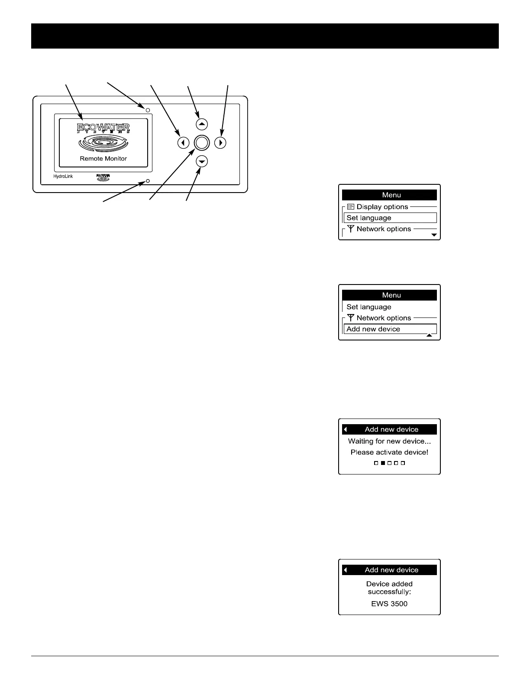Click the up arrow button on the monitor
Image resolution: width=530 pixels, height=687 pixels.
click(202, 124)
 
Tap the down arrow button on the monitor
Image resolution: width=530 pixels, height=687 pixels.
click(202, 161)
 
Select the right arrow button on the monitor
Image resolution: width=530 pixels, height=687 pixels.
click(220, 143)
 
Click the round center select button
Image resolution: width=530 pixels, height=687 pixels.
click(202, 143)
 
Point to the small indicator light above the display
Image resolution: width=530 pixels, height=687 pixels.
click(148, 110)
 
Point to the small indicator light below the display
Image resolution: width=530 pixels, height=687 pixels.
click(148, 180)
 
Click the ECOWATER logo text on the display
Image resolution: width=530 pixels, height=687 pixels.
click(103, 128)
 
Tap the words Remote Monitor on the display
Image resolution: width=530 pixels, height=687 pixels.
click(103, 159)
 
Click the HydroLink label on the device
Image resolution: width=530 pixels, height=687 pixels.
click(63, 177)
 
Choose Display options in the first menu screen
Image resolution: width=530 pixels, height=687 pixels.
click(382, 207)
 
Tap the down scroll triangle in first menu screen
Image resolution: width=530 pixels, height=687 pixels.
click(434, 235)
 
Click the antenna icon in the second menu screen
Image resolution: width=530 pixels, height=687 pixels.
click(351, 318)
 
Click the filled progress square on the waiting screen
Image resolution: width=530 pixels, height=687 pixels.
click(383, 463)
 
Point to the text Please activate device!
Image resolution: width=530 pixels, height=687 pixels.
click(389, 452)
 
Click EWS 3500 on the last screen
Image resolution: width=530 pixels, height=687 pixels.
click(389, 604)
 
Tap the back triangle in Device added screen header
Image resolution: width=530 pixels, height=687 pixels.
click(346, 570)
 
